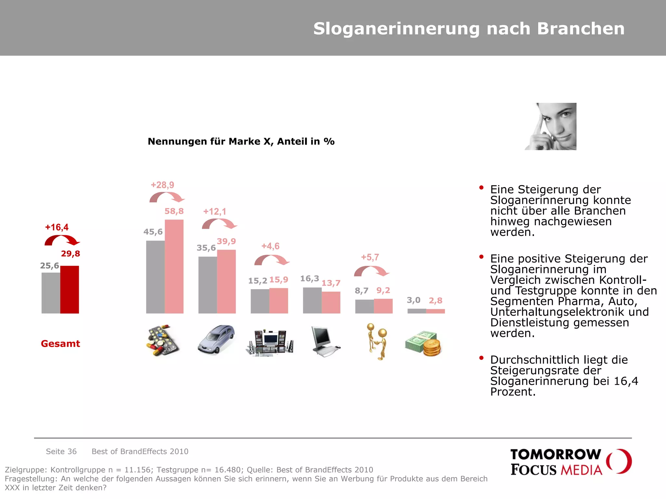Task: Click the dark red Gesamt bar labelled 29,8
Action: pyautogui.click(x=70, y=289)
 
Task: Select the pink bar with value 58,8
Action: pyautogui.click(x=174, y=266)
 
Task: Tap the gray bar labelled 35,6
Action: pyautogui.click(x=207, y=285)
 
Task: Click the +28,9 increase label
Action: pyautogui.click(x=162, y=185)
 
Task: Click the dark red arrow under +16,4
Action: pyautogui.click(x=62, y=241)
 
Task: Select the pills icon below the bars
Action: pyautogui.click(x=162, y=340)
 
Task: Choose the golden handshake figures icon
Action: pyautogui.click(x=378, y=341)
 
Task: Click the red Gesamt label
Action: pyautogui.click(x=60, y=344)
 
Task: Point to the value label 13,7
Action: pyautogui.click(x=331, y=283)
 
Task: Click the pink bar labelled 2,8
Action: pyautogui.click(x=435, y=311)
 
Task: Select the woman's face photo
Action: pyautogui.click(x=551, y=126)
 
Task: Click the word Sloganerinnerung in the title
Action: pyautogui.click(x=396, y=29)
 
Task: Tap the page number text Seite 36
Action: pyautogui.click(x=61, y=452)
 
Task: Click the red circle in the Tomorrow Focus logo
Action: pyautogui.click(x=619, y=461)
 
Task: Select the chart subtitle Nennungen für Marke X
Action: pyautogui.click(x=241, y=142)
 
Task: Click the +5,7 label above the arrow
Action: pyautogui.click(x=370, y=258)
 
